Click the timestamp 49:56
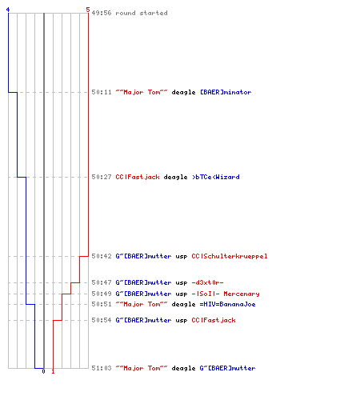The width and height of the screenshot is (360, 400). click(102, 13)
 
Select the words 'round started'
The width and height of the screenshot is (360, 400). click(142, 13)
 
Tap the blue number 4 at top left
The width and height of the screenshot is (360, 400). click(8, 10)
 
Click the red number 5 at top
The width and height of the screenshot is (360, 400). click(88, 10)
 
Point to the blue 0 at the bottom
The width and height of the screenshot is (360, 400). click(43, 371)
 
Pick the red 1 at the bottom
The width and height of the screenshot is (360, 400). click(53, 371)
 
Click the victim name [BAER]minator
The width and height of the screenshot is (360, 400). click(226, 92)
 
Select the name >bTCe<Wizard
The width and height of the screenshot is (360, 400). click(216, 177)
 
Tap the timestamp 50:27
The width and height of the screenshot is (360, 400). click(102, 177)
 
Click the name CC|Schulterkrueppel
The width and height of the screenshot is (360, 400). click(230, 256)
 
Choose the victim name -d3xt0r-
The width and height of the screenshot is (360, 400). click(207, 282)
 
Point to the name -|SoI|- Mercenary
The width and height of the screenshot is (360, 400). click(226, 294)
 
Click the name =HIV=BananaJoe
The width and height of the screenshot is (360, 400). click(227, 304)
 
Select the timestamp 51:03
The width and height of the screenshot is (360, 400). click(102, 368)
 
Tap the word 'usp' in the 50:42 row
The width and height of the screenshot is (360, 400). click(182, 257)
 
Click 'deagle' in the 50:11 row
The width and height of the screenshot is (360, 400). click(183, 93)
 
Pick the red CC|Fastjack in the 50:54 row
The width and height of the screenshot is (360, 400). click(214, 320)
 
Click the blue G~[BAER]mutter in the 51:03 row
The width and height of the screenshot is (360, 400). click(227, 368)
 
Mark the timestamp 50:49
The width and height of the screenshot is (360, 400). click(102, 294)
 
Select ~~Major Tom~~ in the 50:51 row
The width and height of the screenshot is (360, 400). click(142, 304)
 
